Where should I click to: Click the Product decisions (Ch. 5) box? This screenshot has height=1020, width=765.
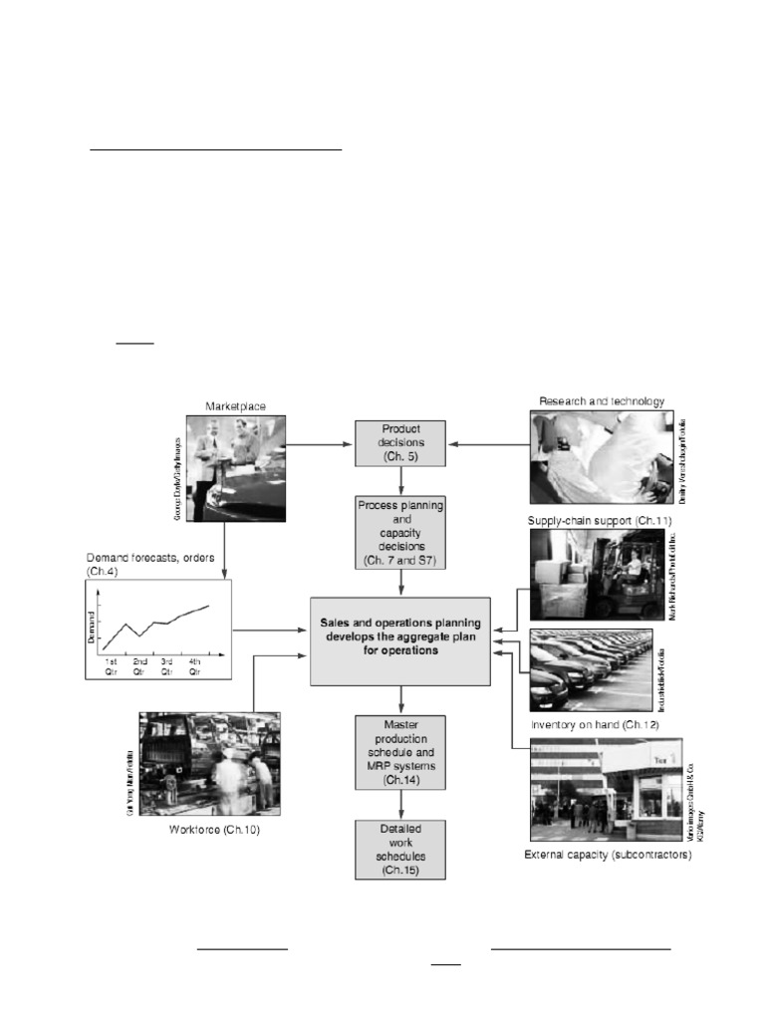(400, 442)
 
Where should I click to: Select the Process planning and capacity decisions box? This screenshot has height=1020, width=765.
(400, 533)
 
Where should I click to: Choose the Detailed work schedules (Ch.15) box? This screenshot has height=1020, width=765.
(400, 850)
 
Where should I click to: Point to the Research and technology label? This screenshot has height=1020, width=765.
(601, 400)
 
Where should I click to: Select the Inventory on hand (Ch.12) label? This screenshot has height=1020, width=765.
(595, 724)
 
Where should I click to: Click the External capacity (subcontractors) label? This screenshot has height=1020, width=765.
(608, 855)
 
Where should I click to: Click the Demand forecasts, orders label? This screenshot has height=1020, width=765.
(156, 563)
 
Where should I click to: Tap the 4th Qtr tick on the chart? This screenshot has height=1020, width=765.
(195, 667)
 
